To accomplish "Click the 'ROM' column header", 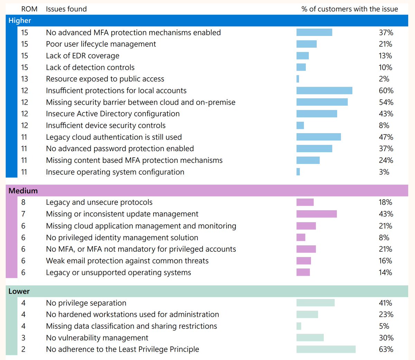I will point(29,9).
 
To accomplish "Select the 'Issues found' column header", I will point(66,9).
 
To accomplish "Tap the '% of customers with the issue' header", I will point(350,9).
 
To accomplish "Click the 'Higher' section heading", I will point(20,21).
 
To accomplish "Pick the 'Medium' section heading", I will point(23,191).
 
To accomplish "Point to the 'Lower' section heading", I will point(19,292).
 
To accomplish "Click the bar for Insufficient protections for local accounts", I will point(324,91).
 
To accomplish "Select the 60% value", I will point(386,91).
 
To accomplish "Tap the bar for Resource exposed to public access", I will point(298,79).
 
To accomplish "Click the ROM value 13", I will point(25,79).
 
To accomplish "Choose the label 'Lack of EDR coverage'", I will point(83,56).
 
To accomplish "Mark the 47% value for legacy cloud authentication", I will point(386,137).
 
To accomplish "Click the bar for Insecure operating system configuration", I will point(298,172).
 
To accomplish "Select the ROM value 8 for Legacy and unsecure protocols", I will point(23,202).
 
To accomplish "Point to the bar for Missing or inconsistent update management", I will point(316,214).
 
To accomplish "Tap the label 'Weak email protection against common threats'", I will point(127,261).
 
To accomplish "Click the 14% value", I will point(385,273).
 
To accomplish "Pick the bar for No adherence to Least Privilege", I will point(326,349).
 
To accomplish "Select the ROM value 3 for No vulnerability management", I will point(23,338).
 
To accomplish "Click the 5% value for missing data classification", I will point(384,326).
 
